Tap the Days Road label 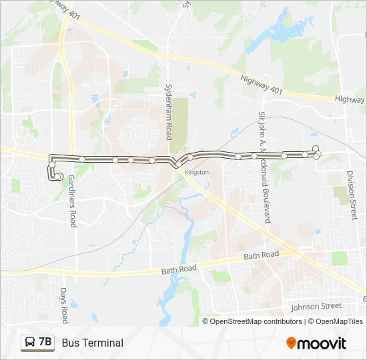coord(64,305)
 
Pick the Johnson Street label coord(316,307)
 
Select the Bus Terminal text coord(93,343)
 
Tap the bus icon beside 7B coord(30,343)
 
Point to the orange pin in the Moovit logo coord(292,343)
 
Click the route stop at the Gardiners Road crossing coord(81,159)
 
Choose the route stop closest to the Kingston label coord(190,157)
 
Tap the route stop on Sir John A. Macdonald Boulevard coord(255,156)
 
